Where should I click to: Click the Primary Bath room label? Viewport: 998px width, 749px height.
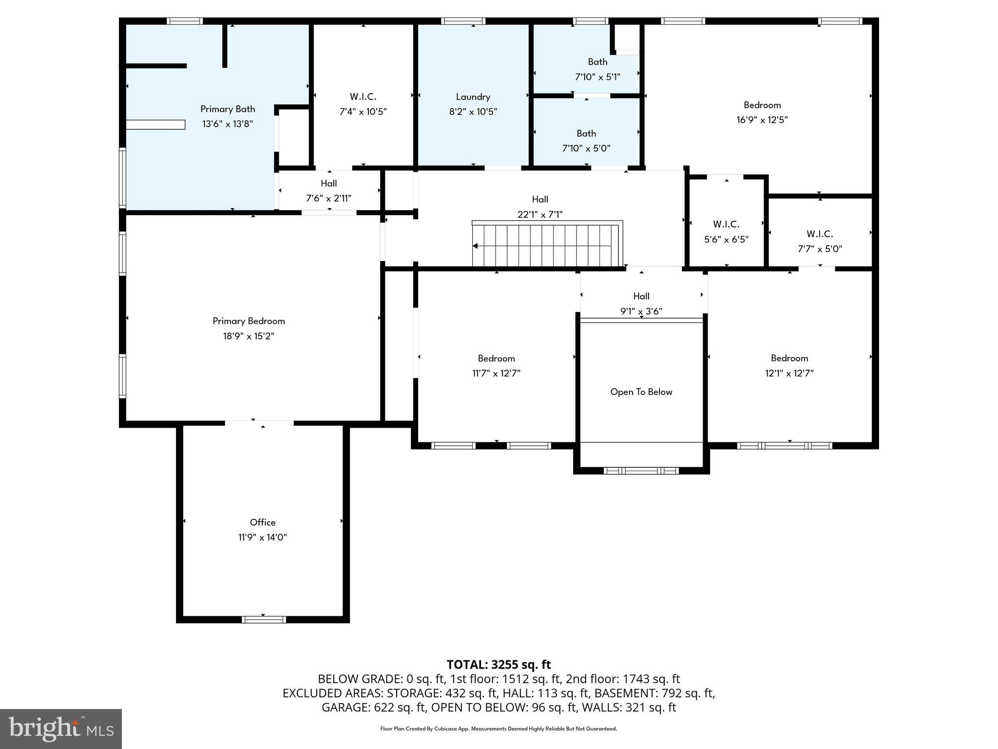tap(228, 109)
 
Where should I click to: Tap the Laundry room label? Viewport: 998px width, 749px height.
tap(473, 97)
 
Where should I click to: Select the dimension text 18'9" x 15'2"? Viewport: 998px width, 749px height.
tap(249, 336)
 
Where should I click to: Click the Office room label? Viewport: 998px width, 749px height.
tap(263, 522)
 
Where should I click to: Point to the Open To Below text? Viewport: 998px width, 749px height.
tap(641, 392)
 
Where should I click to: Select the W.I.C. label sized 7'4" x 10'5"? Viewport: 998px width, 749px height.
tap(363, 97)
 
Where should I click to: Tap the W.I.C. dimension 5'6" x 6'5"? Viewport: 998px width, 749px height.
tap(726, 239)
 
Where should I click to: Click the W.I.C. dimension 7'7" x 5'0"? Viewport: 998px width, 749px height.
tap(820, 249)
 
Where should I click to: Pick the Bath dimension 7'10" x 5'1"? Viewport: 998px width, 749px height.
tap(597, 77)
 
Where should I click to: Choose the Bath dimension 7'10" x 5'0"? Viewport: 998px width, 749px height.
tap(586, 148)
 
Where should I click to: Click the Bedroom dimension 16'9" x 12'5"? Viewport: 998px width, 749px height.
tap(762, 120)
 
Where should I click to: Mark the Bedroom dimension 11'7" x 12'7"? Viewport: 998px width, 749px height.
tap(496, 374)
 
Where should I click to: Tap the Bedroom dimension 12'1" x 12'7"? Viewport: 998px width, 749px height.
tap(789, 374)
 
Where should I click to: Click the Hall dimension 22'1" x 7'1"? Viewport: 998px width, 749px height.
tap(539, 214)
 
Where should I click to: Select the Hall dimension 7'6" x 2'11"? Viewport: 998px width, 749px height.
tap(328, 198)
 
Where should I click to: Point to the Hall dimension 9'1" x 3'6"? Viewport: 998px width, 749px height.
tap(641, 311)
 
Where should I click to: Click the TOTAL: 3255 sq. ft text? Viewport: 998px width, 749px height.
tap(499, 665)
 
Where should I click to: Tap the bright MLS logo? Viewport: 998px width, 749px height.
tap(60, 729)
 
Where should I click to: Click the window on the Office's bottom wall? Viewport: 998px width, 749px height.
tap(264, 619)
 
